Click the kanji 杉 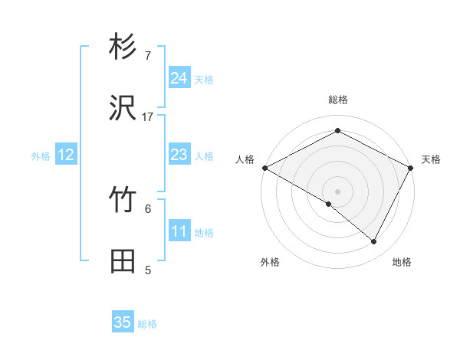[123, 48]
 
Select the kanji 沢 [123, 109]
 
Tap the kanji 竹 [123, 201]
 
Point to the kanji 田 [123, 261]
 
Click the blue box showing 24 [179, 78]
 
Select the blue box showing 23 [179, 155]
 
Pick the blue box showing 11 [179, 232]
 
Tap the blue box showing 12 [66, 155]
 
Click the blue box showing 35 [123, 322]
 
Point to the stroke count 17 [148, 116]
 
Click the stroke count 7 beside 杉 [148, 56]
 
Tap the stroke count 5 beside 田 [148, 270]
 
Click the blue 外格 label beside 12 [41, 156]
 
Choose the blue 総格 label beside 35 [147, 324]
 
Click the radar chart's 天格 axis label [432, 159]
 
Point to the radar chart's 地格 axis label [402, 262]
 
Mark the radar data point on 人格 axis [264, 168]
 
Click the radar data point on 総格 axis [337, 131]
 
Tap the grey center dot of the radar [337, 191]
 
